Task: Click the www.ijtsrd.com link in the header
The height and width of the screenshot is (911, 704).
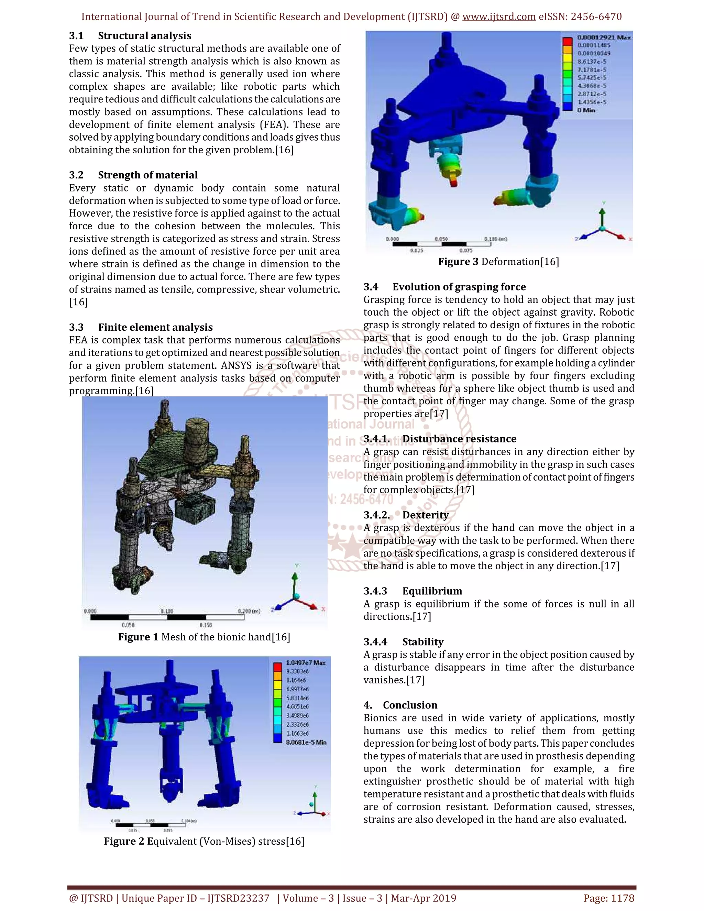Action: pos(499,17)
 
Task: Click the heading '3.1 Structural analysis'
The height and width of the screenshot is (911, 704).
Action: pos(130,36)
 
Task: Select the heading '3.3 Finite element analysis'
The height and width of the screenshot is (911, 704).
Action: pos(141,327)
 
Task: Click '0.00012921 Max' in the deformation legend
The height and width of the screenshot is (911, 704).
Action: pos(604,37)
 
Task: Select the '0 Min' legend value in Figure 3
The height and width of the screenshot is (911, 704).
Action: pos(586,110)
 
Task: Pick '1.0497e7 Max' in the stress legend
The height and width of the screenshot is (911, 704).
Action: pos(306,663)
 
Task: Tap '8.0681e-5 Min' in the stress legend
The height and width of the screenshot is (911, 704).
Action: pos(306,742)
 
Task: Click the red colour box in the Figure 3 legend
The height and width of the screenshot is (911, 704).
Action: pos(567,41)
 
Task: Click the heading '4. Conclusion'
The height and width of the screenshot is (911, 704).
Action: pos(400,705)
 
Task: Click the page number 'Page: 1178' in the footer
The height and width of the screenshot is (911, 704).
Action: pos(609,898)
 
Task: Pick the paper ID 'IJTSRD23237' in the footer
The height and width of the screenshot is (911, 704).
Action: pos(239,898)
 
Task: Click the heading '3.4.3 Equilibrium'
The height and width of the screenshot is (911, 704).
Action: pos(412,591)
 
